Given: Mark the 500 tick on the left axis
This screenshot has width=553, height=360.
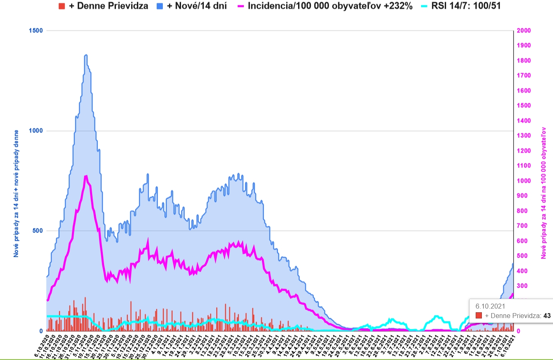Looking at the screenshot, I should coord(39,231).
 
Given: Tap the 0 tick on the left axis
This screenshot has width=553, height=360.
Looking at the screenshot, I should coord(41,331).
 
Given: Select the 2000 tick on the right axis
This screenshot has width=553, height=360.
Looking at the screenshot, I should coord(524,31).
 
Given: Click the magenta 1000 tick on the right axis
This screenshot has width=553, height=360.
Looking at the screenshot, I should coord(524,181).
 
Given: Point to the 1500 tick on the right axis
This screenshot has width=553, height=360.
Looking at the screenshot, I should coord(524,106).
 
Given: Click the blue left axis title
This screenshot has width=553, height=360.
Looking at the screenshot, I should coord(16,193).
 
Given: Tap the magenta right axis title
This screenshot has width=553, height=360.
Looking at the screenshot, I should coord(544,193).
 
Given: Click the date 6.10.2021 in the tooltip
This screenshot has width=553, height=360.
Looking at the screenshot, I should coord(490,306).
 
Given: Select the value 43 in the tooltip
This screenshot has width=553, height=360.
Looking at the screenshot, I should coord(546,316).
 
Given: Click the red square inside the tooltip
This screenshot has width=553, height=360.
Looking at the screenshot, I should coord(479,316).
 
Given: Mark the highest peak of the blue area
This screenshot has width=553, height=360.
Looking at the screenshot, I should coord(86,55).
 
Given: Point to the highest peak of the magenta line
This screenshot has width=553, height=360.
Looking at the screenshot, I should coord(86,176).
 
